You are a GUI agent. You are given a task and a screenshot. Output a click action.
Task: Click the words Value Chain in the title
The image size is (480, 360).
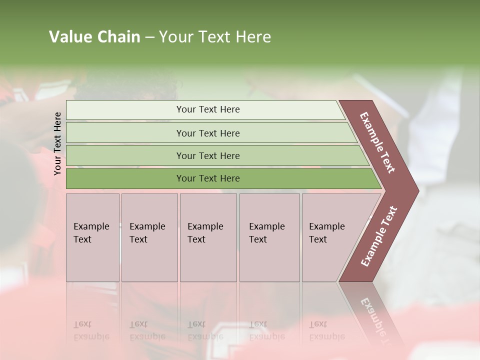tap(94, 37)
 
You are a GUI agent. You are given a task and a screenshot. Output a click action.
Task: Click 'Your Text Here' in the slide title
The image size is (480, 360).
tap(215, 37)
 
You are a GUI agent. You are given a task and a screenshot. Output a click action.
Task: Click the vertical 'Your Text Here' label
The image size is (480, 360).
tap(57, 143)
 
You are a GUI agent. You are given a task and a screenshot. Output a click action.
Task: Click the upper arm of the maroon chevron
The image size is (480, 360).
tap(378, 142)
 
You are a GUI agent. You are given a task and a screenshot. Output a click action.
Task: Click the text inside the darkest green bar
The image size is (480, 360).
tap(208, 178)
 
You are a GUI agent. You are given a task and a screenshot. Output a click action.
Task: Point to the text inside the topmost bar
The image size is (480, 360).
tap(208, 109)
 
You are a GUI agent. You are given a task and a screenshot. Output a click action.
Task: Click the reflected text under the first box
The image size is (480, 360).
tap(91, 330)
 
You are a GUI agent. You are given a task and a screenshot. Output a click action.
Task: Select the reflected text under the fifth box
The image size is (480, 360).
tap(327, 330)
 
